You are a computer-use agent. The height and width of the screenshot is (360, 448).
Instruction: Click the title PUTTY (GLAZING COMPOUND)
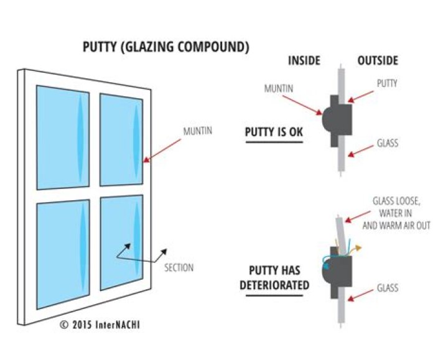point(166,48)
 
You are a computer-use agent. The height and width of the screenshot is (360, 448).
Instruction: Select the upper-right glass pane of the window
point(122,140)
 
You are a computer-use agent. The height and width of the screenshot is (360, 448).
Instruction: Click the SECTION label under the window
point(179,268)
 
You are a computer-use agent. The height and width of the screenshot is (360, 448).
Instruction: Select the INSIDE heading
point(304,61)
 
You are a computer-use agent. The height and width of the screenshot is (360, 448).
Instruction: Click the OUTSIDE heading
point(378,61)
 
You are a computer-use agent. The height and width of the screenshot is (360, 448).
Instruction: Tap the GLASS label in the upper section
point(387,144)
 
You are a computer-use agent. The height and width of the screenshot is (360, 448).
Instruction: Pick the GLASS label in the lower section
point(387,288)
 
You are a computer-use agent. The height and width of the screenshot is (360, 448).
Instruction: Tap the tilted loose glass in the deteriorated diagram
point(338,232)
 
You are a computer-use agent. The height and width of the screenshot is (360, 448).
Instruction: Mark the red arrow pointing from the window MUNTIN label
point(164,149)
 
